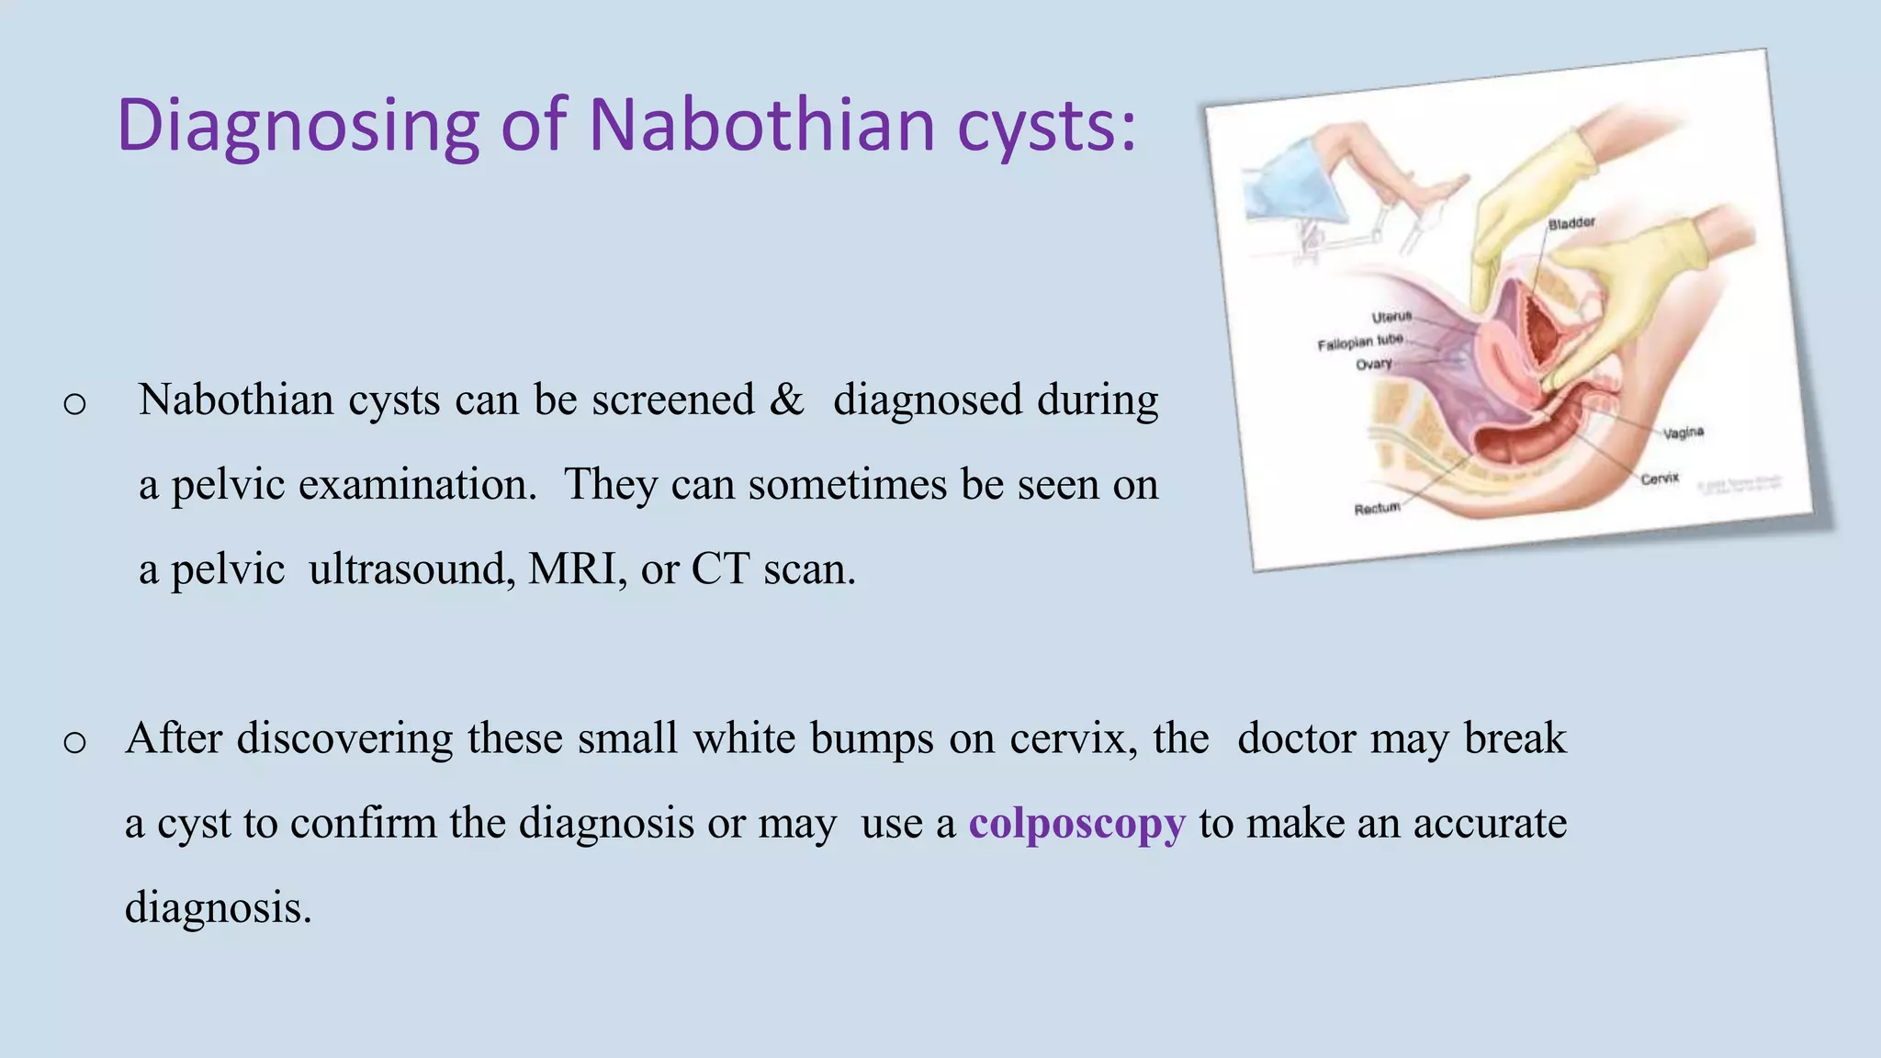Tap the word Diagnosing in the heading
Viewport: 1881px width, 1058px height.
click(298, 126)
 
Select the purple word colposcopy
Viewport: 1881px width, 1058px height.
click(1077, 823)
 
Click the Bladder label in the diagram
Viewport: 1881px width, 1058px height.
click(1571, 223)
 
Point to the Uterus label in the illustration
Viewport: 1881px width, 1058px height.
click(1391, 317)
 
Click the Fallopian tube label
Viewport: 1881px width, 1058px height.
click(1360, 343)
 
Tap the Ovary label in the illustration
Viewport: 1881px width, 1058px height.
click(1374, 365)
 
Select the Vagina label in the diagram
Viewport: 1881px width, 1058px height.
click(1684, 433)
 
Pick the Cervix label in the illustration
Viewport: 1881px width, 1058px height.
click(1660, 478)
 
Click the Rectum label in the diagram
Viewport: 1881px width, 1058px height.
click(1377, 508)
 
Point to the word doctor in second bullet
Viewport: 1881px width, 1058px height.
click(1296, 738)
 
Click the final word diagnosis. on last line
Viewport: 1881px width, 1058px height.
click(219, 908)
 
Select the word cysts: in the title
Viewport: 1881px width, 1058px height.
click(1047, 126)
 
